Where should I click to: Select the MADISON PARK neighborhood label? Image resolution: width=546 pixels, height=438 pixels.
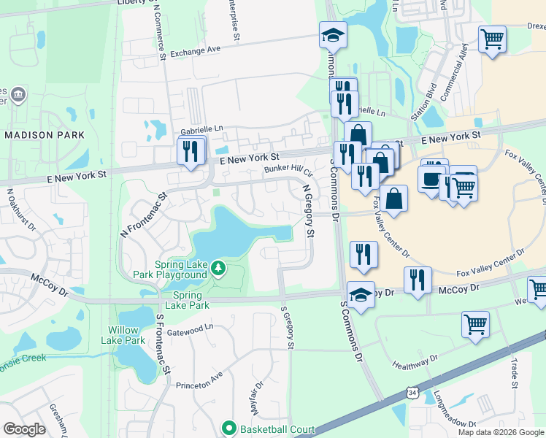[44, 135]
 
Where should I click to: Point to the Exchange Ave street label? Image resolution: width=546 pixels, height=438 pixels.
[195, 52]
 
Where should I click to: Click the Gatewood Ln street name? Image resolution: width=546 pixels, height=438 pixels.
[190, 330]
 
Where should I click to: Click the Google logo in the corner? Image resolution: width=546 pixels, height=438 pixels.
[24, 429]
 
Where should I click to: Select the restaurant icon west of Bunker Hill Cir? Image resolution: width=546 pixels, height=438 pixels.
[191, 151]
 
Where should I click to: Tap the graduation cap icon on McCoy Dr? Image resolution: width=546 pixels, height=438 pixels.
[361, 294]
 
